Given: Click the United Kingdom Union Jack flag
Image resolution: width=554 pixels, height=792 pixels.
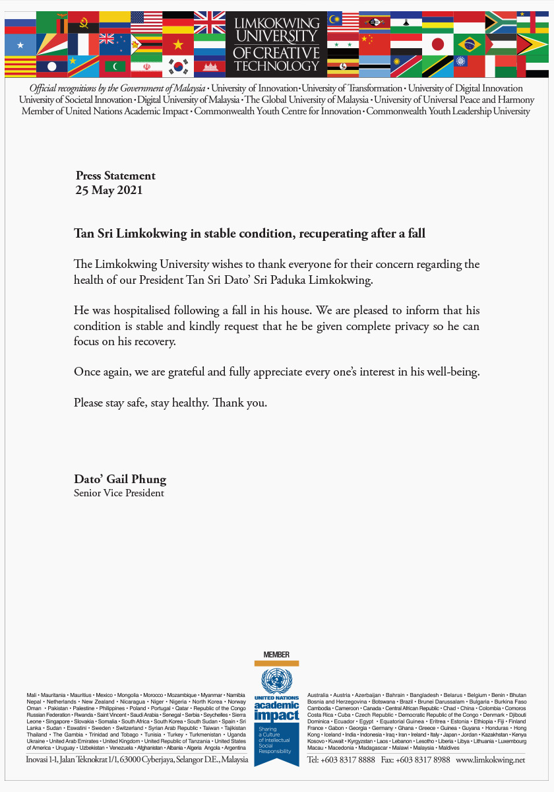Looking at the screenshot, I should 210,22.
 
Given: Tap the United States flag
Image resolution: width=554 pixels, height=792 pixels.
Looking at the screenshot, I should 146,22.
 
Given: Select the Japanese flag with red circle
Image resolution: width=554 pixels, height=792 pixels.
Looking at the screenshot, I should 437,44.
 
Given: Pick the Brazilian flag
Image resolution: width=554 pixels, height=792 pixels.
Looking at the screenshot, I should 470,44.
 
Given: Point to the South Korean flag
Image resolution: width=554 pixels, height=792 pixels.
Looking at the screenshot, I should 178,66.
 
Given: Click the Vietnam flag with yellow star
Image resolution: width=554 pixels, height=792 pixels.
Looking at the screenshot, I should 178,44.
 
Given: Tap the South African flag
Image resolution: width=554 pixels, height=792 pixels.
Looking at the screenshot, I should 501,22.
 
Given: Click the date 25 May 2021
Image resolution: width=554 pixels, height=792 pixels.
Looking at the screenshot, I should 109,191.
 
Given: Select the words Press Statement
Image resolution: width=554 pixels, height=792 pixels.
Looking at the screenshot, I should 115,176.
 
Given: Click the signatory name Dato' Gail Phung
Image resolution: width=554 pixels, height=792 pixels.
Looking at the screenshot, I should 120,479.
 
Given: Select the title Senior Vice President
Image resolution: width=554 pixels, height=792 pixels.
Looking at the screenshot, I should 119,493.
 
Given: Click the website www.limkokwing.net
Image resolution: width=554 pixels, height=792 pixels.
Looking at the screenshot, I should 491,760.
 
